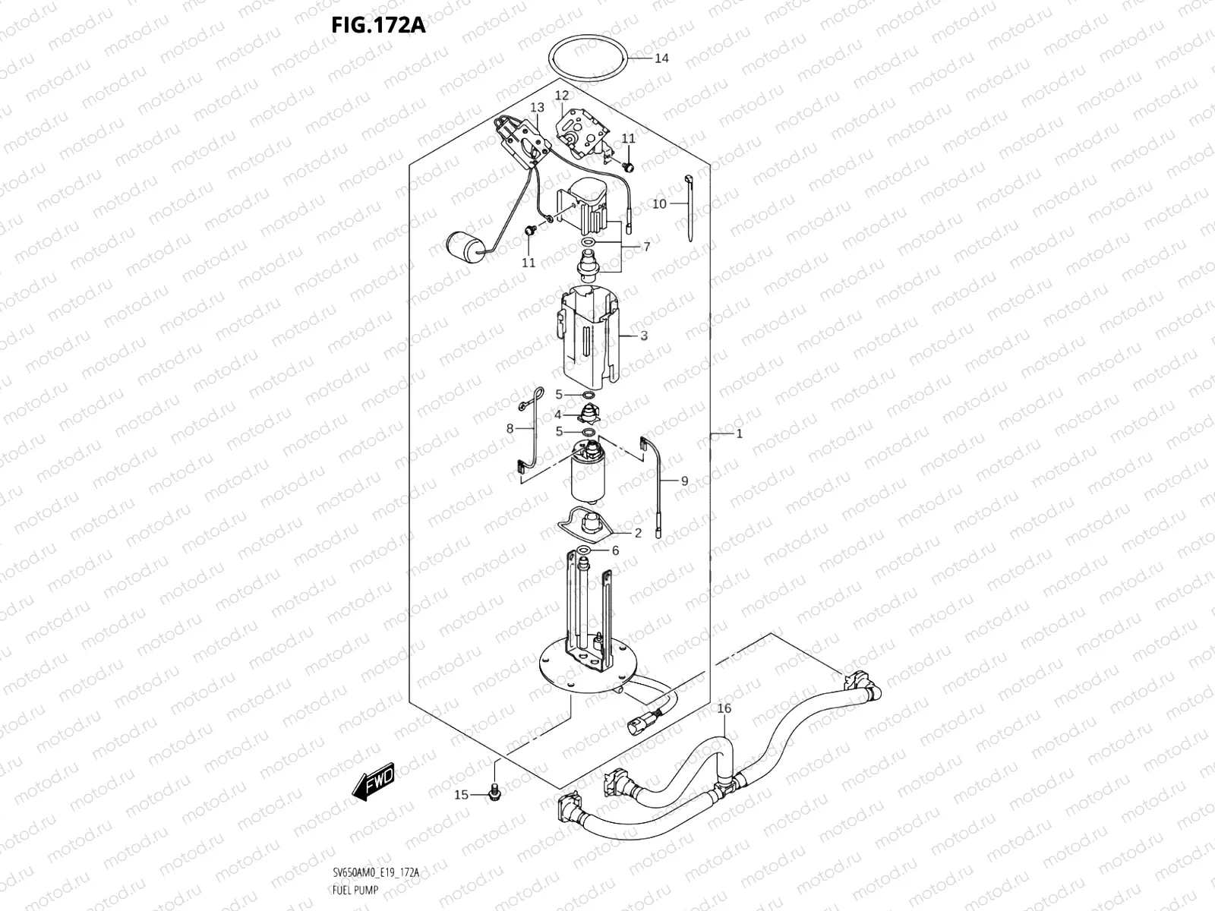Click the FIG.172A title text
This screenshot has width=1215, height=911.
pyautogui.click(x=378, y=26)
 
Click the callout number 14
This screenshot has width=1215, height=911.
pyautogui.click(x=661, y=58)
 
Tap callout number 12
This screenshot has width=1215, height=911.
pyautogui.click(x=561, y=96)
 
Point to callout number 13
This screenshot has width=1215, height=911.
pyautogui.click(x=538, y=108)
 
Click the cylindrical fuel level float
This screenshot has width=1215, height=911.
pyautogui.click(x=465, y=246)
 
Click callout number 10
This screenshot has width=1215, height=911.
pyautogui.click(x=659, y=204)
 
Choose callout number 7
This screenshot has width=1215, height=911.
pyautogui.click(x=646, y=247)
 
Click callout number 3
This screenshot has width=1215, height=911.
pyautogui.click(x=643, y=335)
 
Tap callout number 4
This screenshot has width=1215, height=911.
pyautogui.click(x=557, y=415)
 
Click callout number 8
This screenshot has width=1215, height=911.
pyautogui.click(x=510, y=429)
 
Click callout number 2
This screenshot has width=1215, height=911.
pyautogui.click(x=638, y=533)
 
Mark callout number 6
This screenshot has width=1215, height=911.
pyautogui.click(x=615, y=550)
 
